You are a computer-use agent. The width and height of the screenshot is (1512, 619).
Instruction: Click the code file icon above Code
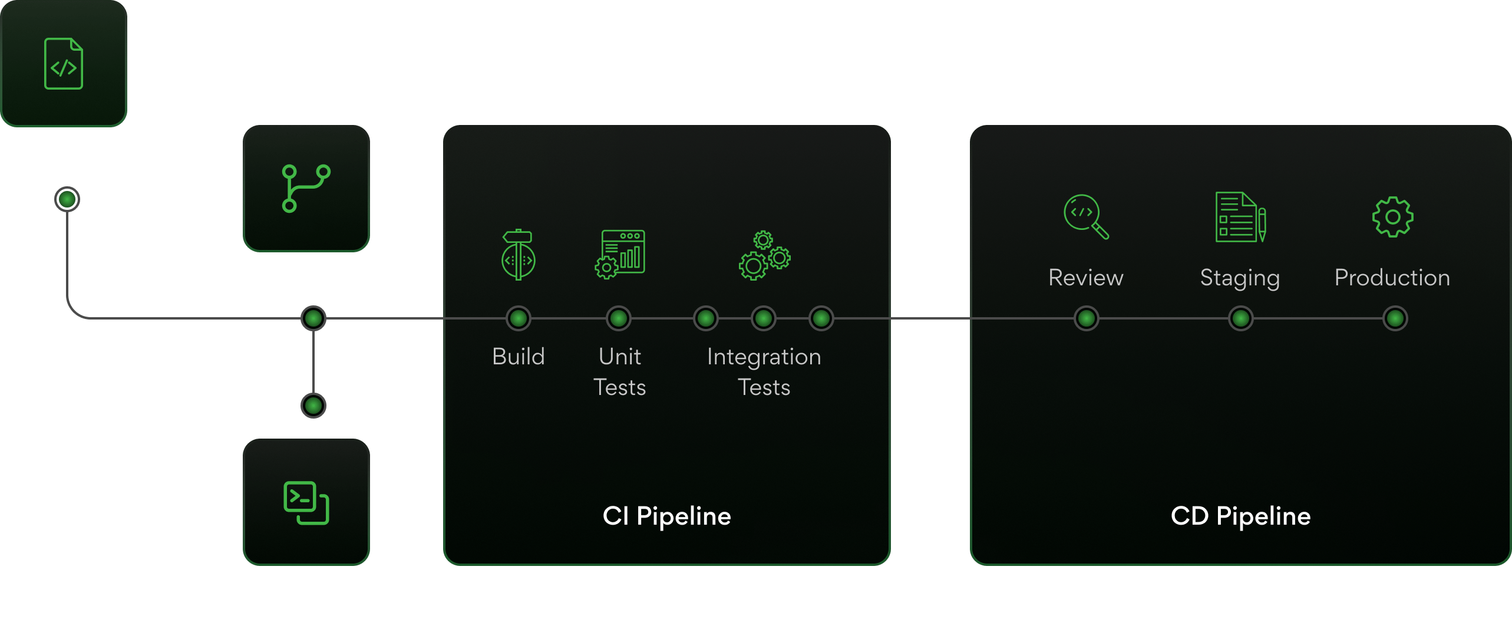coord(64,64)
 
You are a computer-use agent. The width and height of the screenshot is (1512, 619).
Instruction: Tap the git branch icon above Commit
coord(306,188)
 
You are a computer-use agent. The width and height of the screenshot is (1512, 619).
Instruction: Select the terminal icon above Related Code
coord(306,503)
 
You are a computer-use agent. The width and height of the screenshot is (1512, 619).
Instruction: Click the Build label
coord(519,357)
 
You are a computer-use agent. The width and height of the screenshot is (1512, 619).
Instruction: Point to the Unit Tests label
coord(619,372)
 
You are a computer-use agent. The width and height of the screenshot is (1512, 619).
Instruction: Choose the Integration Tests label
coord(764,372)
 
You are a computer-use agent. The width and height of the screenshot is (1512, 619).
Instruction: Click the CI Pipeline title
coord(666,516)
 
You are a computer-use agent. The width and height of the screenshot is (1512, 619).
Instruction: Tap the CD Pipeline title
coord(1240,516)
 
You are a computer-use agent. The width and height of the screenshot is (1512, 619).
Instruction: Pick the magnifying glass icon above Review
coord(1085,216)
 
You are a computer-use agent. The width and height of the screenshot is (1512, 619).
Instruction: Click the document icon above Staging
coord(1240,217)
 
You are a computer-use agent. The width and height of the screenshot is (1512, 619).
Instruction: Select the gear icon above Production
coord(1392,217)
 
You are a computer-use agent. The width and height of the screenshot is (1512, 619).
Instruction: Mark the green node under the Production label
coord(1395,318)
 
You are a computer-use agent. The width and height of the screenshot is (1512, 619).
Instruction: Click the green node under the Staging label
coord(1240,318)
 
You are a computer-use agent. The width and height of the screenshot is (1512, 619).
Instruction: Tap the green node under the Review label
coord(1086,318)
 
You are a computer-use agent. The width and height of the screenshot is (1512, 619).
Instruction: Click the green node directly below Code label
coord(67,199)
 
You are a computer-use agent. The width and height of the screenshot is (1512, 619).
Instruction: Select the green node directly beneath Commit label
coord(313,318)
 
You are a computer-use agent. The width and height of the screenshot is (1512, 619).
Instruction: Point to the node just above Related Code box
coord(313,406)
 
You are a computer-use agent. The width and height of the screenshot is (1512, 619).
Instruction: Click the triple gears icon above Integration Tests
coord(764,255)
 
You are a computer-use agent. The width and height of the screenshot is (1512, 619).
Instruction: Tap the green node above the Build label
coord(519,318)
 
